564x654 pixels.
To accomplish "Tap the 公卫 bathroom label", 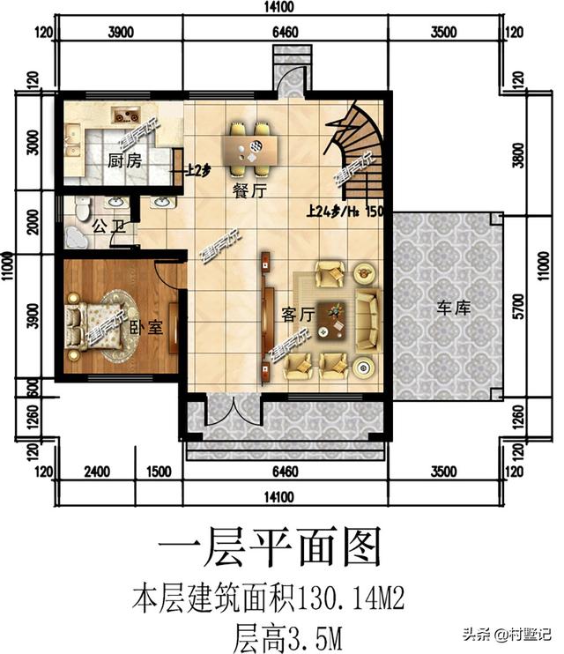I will tap(107, 226).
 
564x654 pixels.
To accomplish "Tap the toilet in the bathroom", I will tap(82, 208).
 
